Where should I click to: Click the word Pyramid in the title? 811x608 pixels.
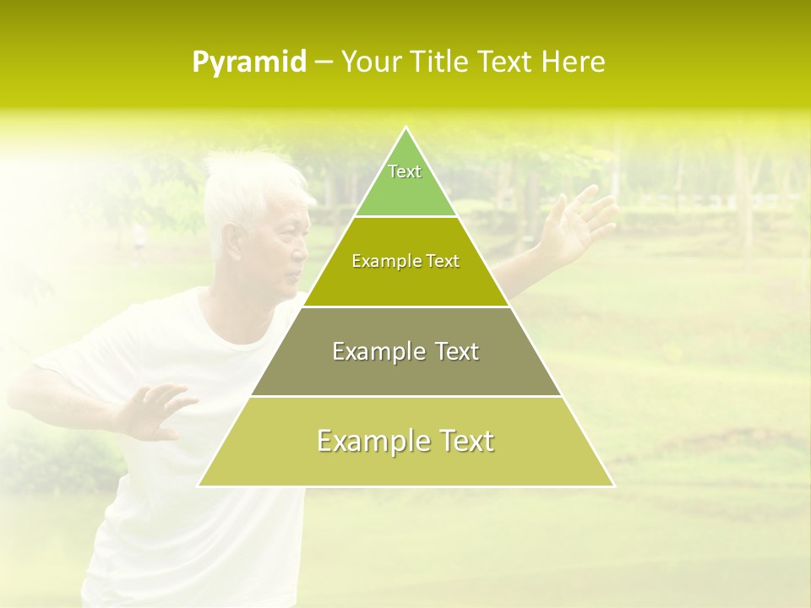pos(249,62)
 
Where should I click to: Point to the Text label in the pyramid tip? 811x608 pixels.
pos(405,172)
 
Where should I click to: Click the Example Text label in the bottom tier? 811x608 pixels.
pos(405,441)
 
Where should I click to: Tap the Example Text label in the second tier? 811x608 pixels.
pos(405,261)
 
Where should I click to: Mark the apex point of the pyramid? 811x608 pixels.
pos(406,128)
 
